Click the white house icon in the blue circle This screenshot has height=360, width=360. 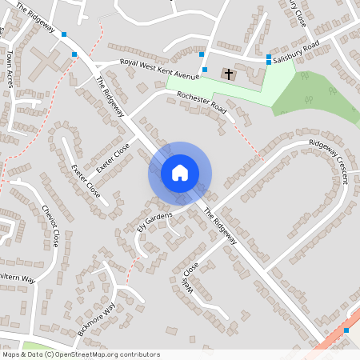[180, 173]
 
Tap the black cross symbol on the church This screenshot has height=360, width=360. [229, 74]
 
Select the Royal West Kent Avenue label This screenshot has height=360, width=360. [158, 70]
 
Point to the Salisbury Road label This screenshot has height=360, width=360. [295, 52]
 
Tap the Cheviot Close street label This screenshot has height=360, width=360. [50, 226]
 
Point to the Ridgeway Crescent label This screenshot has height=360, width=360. [330, 161]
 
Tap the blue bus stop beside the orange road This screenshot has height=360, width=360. [346, 330]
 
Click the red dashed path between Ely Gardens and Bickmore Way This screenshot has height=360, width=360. [130, 268]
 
